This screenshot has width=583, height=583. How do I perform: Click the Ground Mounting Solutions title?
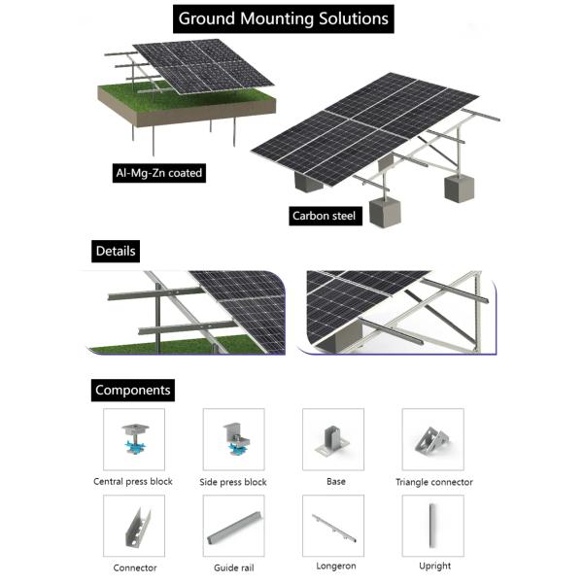(x=284, y=18)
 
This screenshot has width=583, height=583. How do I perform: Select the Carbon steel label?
(x=325, y=216)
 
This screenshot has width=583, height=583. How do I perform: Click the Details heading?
(x=116, y=251)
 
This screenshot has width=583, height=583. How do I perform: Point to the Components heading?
(x=133, y=391)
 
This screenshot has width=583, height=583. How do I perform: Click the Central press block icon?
(x=133, y=439)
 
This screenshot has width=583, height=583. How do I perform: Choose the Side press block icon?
(x=233, y=439)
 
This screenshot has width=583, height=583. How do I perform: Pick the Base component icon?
(x=333, y=439)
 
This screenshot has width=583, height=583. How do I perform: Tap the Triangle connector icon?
(x=432, y=439)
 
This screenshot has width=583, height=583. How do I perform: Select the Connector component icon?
(x=133, y=526)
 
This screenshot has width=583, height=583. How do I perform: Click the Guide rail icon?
(x=233, y=526)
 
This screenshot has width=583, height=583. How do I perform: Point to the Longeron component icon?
(x=333, y=526)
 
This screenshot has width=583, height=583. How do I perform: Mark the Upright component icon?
(x=432, y=526)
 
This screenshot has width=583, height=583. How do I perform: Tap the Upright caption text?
(x=433, y=566)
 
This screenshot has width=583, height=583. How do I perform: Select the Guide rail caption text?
(x=233, y=567)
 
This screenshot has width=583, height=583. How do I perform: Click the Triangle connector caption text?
(x=434, y=482)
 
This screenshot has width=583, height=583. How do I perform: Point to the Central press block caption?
(x=133, y=482)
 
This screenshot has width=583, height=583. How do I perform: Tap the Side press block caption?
(x=234, y=482)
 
